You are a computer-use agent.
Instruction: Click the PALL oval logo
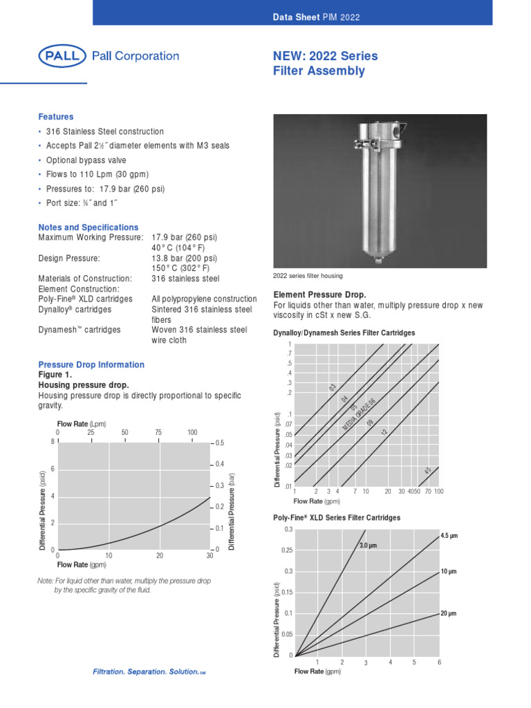tap(63, 57)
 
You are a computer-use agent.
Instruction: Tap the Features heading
tap(56, 117)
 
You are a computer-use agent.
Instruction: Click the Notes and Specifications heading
tap(88, 227)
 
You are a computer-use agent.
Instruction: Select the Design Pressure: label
tap(69, 258)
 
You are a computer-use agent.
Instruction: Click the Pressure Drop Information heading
tap(91, 364)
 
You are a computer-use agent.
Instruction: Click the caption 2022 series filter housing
tap(308, 276)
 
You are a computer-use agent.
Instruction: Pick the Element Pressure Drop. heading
tap(320, 295)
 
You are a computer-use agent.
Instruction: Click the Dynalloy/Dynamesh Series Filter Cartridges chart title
tap(344, 333)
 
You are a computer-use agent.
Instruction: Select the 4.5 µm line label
tap(449, 536)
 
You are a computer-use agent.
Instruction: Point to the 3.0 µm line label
tap(371, 546)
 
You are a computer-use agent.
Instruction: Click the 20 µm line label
tap(448, 613)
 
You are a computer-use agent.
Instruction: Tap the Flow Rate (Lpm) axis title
tap(80, 423)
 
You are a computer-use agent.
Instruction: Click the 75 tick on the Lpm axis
tap(158, 433)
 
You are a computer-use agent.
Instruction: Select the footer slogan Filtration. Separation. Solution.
tap(149, 672)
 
